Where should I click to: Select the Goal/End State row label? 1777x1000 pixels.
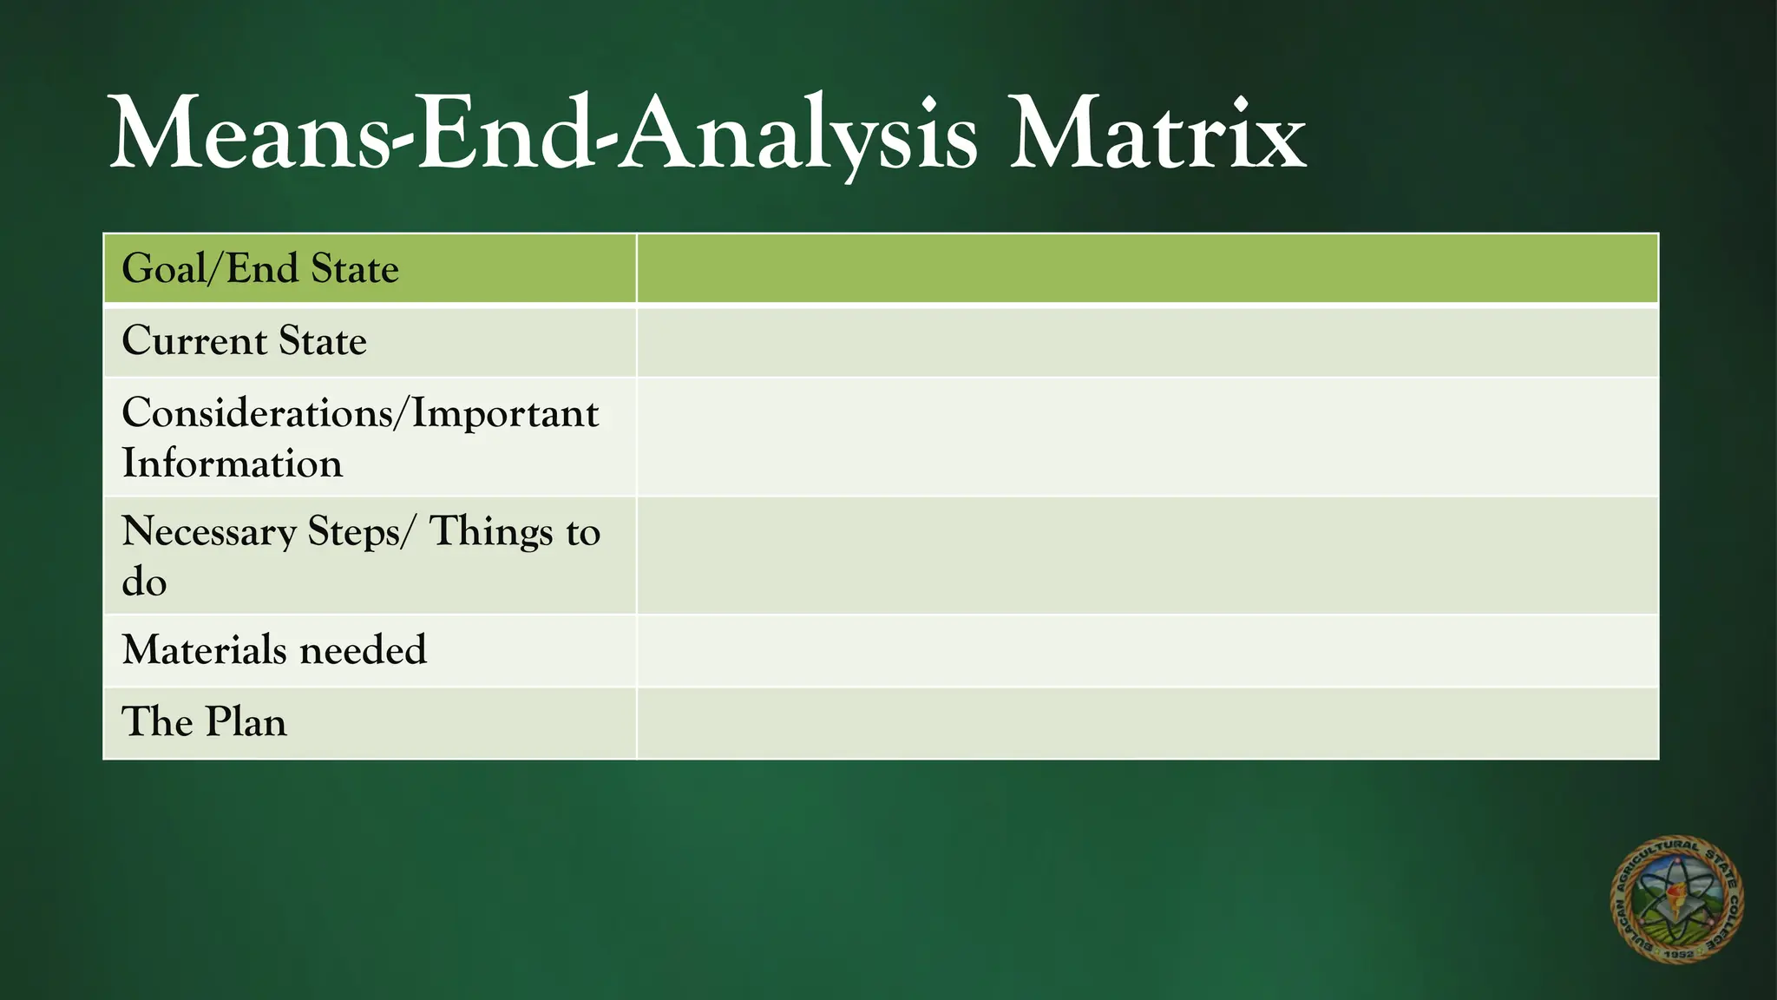260,269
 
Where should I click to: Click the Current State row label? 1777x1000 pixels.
244,341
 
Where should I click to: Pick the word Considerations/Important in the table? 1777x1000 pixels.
360,413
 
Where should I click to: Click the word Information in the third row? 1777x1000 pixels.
232,464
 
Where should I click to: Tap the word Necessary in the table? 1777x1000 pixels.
209,532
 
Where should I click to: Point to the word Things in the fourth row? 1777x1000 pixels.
491,531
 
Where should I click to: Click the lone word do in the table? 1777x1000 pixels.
144,582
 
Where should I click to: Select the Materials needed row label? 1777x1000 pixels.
274,650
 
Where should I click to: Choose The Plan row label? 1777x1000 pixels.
204,722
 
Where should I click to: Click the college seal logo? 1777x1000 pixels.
1676,899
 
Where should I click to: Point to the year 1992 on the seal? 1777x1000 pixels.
1680,953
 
